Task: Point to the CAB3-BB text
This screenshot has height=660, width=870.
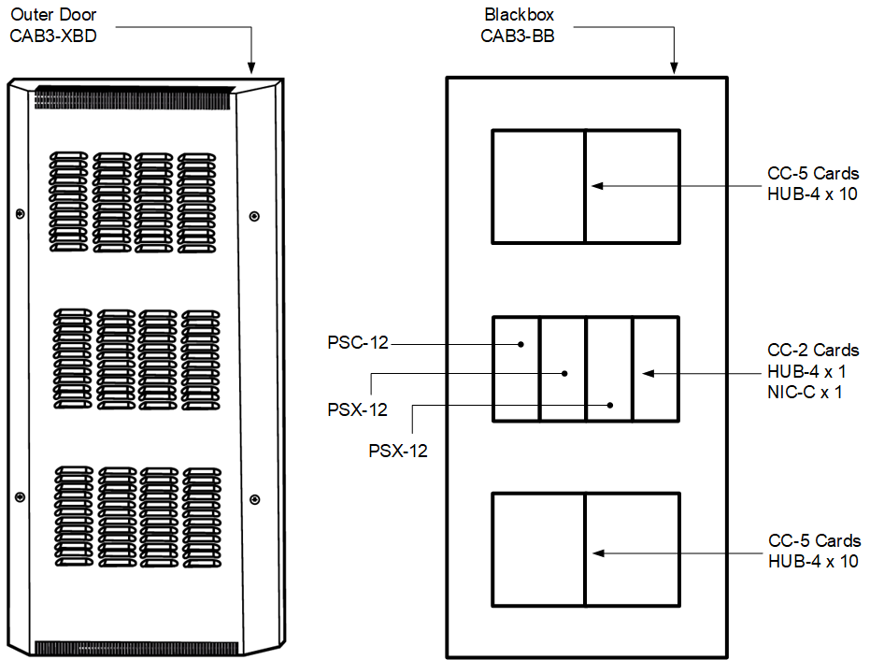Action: pyautogui.click(x=520, y=36)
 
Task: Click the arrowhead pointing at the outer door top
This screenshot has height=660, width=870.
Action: pyautogui.click(x=250, y=66)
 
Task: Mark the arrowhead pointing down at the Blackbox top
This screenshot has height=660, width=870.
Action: pyautogui.click(x=674, y=66)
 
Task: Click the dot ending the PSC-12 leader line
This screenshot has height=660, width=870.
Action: pyautogui.click(x=521, y=344)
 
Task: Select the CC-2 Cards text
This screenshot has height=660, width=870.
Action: pyautogui.click(x=812, y=351)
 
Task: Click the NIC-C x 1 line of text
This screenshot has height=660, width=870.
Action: pyautogui.click(x=805, y=392)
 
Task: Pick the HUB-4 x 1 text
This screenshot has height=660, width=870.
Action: pyautogui.click(x=805, y=371)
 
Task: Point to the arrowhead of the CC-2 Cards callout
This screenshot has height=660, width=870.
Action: pyautogui.click(x=646, y=373)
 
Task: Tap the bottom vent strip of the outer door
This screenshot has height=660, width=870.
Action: pyautogui.click(x=135, y=647)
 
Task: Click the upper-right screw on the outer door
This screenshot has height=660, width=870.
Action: pyautogui.click(x=254, y=217)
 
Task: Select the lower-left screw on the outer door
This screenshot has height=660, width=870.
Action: pyautogui.click(x=20, y=494)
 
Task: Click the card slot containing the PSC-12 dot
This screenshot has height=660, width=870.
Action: pyautogui.click(x=516, y=368)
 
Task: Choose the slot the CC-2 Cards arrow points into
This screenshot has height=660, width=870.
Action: pyautogui.click(x=655, y=368)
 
